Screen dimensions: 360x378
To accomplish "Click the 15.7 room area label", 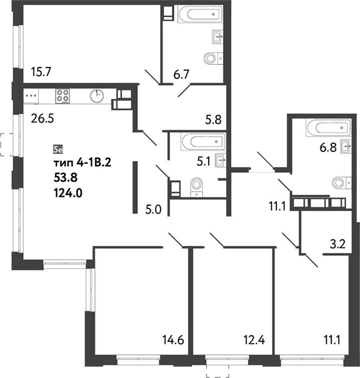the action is click(x=41, y=72).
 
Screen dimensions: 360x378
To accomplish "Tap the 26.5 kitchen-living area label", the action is click(x=42, y=119).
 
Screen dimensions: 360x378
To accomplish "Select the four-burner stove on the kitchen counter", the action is click(x=63, y=96).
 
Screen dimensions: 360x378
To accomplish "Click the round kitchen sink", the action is click(x=97, y=96).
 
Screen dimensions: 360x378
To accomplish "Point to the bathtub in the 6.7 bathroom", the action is click(x=200, y=14).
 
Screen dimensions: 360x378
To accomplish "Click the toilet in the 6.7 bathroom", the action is click(x=213, y=58).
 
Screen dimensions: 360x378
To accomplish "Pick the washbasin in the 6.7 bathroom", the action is click(x=217, y=37).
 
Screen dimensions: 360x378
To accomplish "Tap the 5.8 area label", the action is click(x=214, y=120).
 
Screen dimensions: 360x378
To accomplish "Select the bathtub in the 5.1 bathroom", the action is click(x=203, y=141).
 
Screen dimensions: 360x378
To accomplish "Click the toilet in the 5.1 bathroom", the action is click(x=197, y=187).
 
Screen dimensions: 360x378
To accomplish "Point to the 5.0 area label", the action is click(x=153, y=210).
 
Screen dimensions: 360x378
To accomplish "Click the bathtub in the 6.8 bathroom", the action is click(x=328, y=128).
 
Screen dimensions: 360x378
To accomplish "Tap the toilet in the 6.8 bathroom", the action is click(x=342, y=183).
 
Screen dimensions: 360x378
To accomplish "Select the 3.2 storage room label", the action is click(x=337, y=244).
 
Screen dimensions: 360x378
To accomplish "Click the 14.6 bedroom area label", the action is click(x=173, y=340).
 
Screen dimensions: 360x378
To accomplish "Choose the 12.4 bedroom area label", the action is click(x=254, y=340).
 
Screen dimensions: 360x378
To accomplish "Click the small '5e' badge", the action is click(x=58, y=150).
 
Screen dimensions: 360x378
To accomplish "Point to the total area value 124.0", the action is click(x=68, y=193).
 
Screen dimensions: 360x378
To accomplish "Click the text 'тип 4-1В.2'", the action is click(x=82, y=163).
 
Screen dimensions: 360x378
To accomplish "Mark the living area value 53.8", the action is click(x=65, y=178).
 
